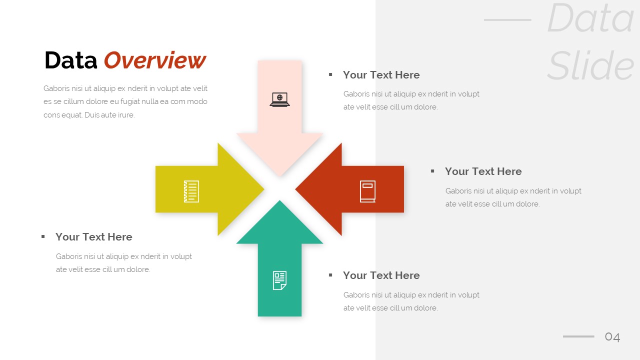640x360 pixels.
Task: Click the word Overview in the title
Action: (x=154, y=60)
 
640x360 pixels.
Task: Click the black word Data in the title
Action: (x=70, y=60)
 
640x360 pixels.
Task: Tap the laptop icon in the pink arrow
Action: (x=279, y=99)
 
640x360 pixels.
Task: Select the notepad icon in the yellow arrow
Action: (x=191, y=191)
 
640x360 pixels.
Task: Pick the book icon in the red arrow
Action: (x=367, y=191)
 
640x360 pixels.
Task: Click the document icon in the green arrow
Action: (x=279, y=280)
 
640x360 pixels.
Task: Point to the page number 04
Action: (x=612, y=337)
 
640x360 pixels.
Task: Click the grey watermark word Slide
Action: (x=590, y=66)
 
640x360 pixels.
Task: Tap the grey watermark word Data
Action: (x=590, y=19)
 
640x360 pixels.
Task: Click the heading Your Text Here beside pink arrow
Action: (x=381, y=75)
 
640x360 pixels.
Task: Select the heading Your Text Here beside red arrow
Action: (x=483, y=171)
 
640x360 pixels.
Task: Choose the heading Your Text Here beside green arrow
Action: (x=381, y=275)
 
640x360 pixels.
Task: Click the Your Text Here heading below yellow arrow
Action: (x=93, y=237)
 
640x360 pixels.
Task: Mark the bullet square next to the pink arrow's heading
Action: (x=330, y=74)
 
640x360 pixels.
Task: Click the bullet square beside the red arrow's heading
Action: (x=432, y=171)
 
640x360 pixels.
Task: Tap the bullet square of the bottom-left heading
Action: (x=43, y=236)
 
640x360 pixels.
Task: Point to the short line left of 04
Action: (x=578, y=336)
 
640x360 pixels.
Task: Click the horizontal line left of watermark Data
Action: (x=507, y=20)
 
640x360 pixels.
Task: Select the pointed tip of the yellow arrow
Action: (x=262, y=189)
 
